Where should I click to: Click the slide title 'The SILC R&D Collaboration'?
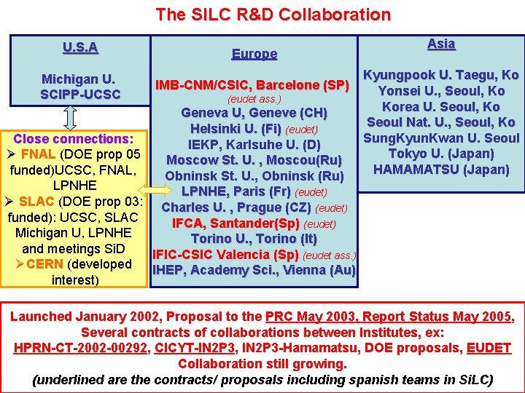[x=273, y=14]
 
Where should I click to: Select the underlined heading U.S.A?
[x=80, y=48]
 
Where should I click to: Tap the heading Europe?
[x=254, y=54]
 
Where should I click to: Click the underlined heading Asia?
[x=440, y=44]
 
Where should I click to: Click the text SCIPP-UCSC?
[x=80, y=95]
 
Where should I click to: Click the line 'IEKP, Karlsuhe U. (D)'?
[x=254, y=144]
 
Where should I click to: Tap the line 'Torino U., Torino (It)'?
[x=254, y=239]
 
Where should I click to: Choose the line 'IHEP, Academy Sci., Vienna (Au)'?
[x=254, y=271]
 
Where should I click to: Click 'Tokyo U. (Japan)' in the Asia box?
[x=440, y=154]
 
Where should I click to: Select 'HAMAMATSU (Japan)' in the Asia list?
[x=440, y=170]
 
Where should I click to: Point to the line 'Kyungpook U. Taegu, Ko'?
[x=440, y=75]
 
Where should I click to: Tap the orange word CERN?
[x=44, y=264]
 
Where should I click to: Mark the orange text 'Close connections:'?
[x=73, y=138]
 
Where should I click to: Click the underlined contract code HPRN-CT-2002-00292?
[x=80, y=348]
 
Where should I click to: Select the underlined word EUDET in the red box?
[x=489, y=348]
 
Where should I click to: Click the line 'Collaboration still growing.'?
[x=262, y=364]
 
